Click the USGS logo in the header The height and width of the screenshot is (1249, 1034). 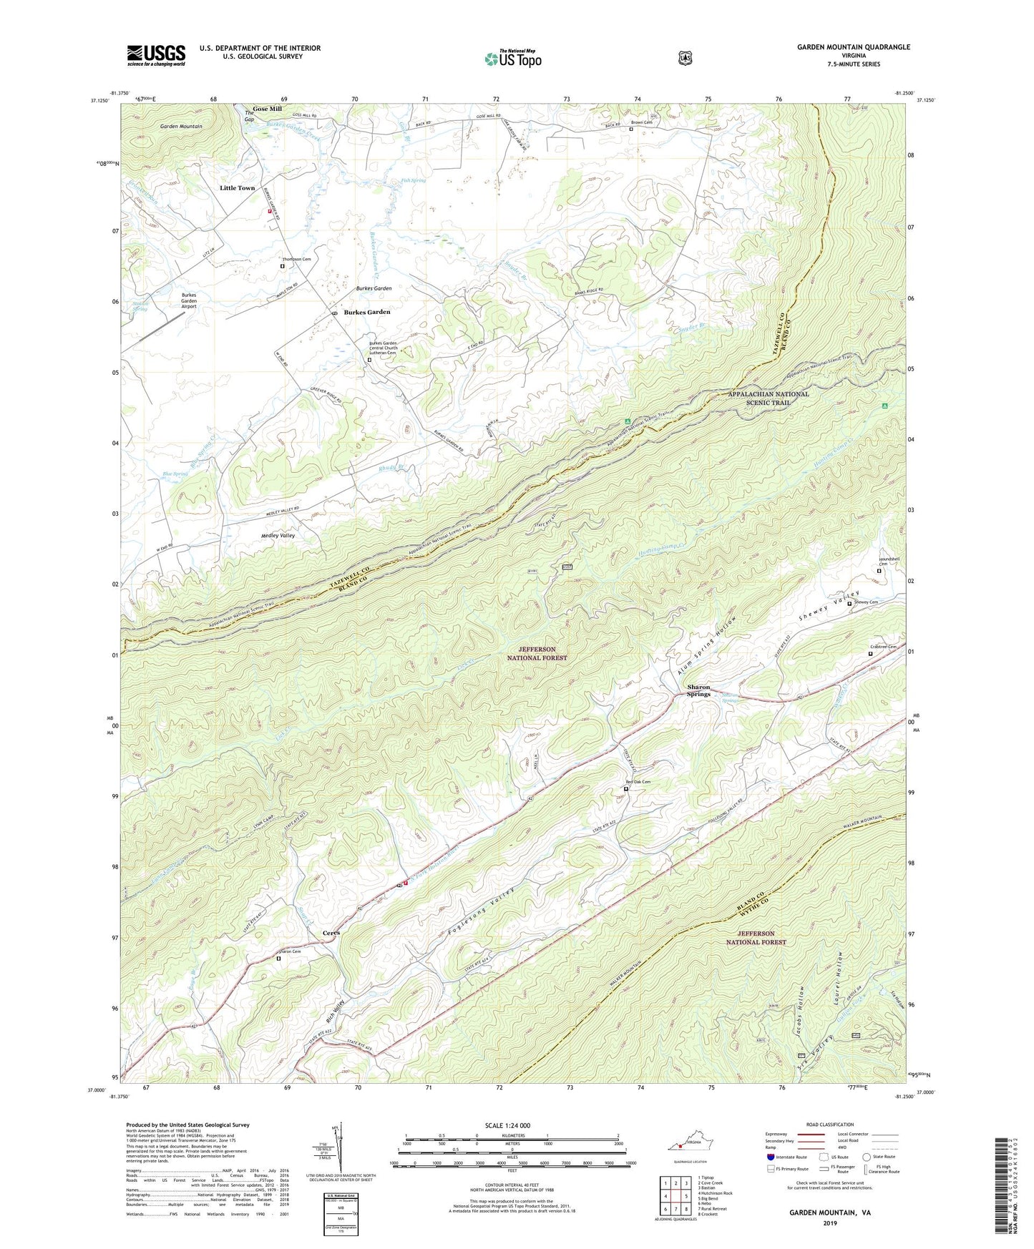point(156,55)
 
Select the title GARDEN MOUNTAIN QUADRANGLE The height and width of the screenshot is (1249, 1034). point(854,47)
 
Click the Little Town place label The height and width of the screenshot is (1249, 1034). point(237,188)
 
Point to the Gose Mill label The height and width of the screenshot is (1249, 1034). point(267,109)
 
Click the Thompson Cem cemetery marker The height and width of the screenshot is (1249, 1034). point(282,266)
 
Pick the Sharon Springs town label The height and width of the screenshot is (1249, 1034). point(693,690)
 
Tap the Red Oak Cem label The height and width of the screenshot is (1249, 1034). point(638,782)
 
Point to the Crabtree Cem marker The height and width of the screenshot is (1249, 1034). point(870,654)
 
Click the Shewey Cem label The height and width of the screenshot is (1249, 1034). point(866,602)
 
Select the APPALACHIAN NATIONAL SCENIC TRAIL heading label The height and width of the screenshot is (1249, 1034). point(769,398)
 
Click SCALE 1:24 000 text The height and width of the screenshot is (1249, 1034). point(507,1126)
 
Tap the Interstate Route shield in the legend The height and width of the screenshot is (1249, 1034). point(770,1157)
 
